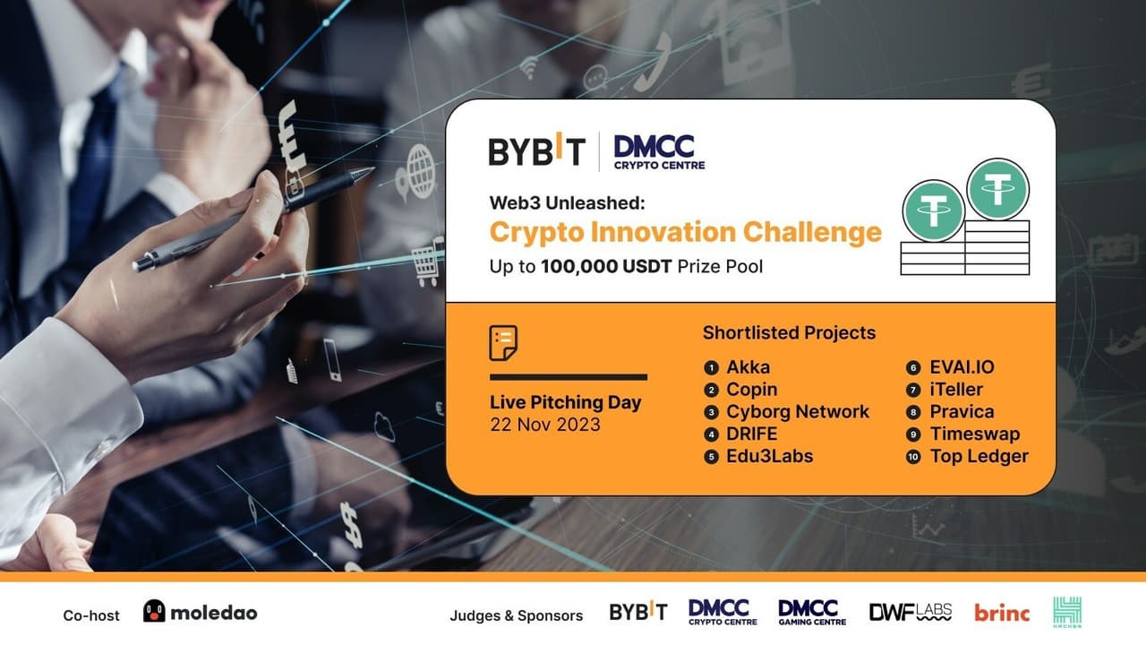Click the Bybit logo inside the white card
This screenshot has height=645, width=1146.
(x=536, y=150)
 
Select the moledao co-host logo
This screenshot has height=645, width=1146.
(x=200, y=613)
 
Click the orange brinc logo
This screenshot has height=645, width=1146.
(x=1002, y=613)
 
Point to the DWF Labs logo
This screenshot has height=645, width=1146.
(x=910, y=613)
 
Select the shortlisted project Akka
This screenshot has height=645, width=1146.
(x=748, y=367)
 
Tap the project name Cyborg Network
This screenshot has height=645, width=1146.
(x=798, y=412)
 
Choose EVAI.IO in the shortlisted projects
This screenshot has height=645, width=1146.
(x=962, y=367)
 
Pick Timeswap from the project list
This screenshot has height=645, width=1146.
(x=974, y=434)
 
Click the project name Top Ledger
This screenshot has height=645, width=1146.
(x=979, y=457)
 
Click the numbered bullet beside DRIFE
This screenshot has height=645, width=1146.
(x=712, y=434)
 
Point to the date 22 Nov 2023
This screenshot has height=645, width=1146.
(x=545, y=425)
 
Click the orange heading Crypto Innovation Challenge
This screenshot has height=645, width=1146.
(x=685, y=232)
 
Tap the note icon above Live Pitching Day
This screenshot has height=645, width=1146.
(x=503, y=343)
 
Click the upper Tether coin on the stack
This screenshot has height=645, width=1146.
(x=997, y=189)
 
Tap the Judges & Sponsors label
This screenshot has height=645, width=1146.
(x=516, y=615)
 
